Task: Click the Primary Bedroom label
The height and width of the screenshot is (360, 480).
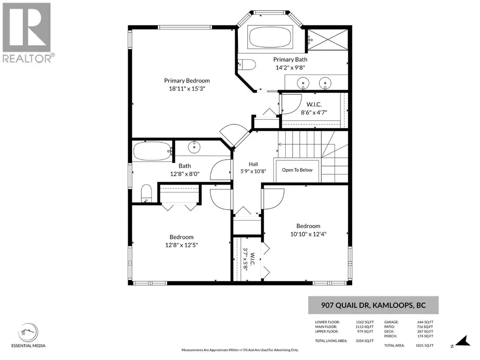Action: point(187,81)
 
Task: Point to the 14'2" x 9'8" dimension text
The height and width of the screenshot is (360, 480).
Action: point(290,67)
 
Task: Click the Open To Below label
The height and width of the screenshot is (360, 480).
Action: point(297,170)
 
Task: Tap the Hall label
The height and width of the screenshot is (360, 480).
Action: point(253,164)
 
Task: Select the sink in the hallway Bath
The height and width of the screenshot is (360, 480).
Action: point(194,147)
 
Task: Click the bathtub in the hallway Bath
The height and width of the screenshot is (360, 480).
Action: point(152,151)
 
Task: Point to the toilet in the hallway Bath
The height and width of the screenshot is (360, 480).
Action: point(146,193)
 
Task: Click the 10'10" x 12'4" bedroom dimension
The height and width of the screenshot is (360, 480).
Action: point(308,234)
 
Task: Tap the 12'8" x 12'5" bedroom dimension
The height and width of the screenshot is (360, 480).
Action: point(182,245)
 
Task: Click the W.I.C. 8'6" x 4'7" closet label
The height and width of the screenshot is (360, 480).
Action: point(314,108)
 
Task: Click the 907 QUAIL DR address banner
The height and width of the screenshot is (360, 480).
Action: point(373,305)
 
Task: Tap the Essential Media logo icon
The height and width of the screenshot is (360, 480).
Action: point(29,332)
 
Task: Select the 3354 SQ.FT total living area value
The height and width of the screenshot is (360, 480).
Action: point(364,341)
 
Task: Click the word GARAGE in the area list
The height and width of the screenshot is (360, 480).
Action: point(391,322)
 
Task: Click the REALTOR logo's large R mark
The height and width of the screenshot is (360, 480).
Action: point(27,28)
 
